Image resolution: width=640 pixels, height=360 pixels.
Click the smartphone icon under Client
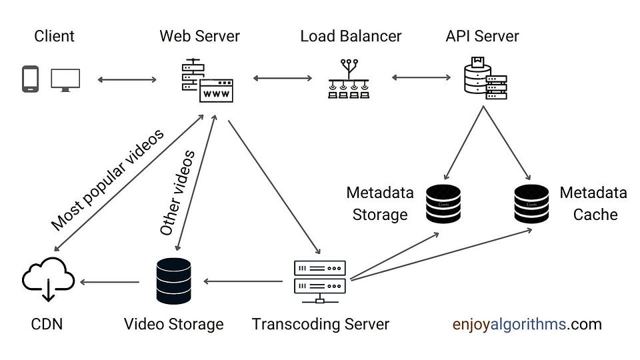(x=30, y=79)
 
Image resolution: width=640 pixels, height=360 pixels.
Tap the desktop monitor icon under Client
(x=65, y=79)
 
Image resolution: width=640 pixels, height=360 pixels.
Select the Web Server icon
(x=207, y=81)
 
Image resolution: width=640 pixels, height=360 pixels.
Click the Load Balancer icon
(x=350, y=79)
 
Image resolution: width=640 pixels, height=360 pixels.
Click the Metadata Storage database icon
(x=443, y=203)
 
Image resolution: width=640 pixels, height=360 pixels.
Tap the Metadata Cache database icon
(x=531, y=203)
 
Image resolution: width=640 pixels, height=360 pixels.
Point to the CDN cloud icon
(x=49, y=280)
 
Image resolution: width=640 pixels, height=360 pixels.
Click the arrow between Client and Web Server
(x=127, y=80)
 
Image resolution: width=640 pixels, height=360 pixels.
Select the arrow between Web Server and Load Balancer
(x=283, y=79)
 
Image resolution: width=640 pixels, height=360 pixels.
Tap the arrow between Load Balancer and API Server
(x=422, y=78)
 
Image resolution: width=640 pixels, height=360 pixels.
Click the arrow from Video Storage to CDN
(x=110, y=282)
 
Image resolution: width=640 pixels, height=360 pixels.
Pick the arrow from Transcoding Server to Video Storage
(x=243, y=281)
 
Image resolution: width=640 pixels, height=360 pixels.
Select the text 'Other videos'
(x=177, y=192)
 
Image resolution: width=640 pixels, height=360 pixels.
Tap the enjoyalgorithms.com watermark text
(x=527, y=325)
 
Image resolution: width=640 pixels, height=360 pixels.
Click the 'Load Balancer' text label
(x=351, y=36)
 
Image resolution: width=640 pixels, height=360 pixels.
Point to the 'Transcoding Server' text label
(x=320, y=325)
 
